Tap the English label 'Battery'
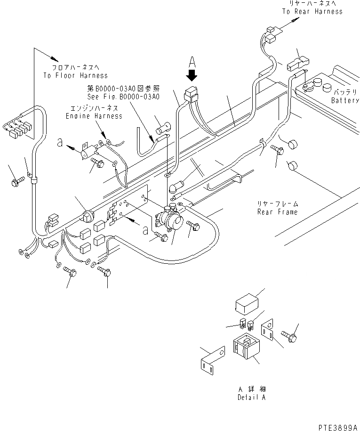coord(345,100)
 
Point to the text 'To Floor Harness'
coord(75,75)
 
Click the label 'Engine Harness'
coord(95,116)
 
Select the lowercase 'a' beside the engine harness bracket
coord(59,143)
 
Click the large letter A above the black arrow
coord(192,61)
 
